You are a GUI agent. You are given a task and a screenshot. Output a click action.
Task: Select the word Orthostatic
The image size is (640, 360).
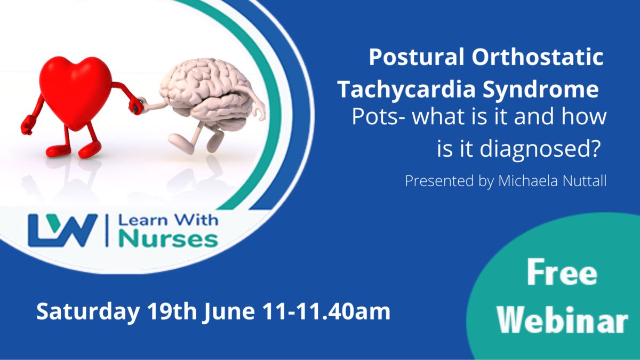pos(538,57)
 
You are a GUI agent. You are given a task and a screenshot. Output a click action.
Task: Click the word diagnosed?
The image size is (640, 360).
pos(539,150)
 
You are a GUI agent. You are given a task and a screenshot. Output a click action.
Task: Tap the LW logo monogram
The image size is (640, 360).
pos(63,230)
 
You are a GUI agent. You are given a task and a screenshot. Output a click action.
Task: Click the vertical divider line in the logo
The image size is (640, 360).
pos(107,230)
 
